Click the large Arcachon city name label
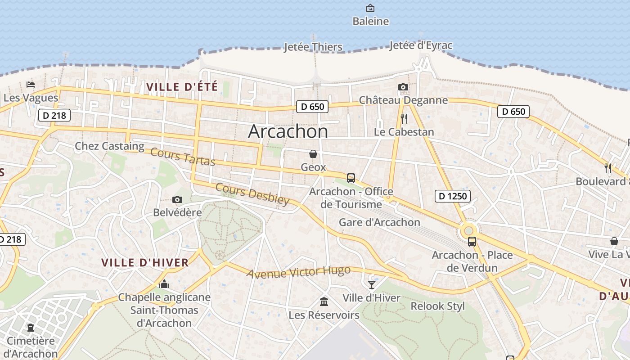click(288, 131)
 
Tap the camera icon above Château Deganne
click(403, 87)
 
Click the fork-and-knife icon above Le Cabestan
click(404, 119)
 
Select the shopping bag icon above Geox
click(313, 154)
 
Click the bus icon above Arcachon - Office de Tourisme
click(351, 178)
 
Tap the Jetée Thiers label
click(313, 47)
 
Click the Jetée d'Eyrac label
click(421, 45)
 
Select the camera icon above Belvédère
click(177, 199)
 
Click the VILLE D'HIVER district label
click(145, 263)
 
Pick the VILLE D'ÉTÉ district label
click(182, 87)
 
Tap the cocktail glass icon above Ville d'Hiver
click(372, 284)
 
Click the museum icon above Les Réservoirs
click(324, 301)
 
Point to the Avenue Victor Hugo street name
click(298, 272)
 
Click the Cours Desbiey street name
click(252, 193)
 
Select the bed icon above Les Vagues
click(31, 85)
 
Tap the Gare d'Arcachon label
click(379, 222)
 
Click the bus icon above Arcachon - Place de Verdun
click(472, 242)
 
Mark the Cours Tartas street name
click(183, 157)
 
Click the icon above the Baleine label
click(370, 8)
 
